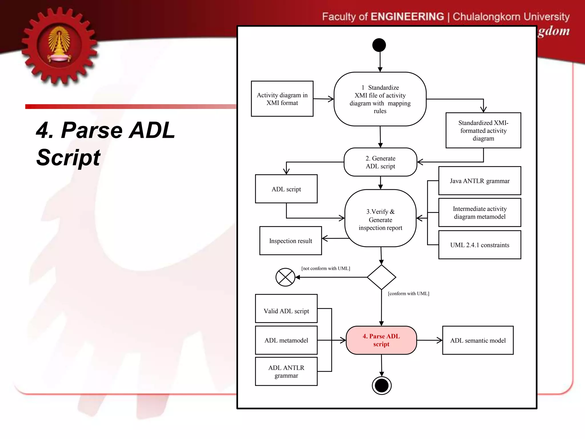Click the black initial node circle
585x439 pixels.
[x=379, y=45]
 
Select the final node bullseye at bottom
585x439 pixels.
[x=382, y=386]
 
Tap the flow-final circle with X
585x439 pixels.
[x=285, y=277]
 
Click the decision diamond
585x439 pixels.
[x=381, y=277]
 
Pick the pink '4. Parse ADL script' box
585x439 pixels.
[x=381, y=340]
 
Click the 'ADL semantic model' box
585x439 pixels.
[x=478, y=340]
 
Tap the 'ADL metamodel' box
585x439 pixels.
[x=286, y=340]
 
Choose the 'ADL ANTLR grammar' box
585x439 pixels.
[x=286, y=372]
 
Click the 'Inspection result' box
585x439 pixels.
[x=291, y=241]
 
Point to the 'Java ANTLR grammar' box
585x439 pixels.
[x=480, y=181]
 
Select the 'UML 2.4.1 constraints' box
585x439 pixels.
[x=480, y=245]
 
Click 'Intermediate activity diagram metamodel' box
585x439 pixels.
[x=480, y=213]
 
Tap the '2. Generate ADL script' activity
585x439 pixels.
[x=380, y=162]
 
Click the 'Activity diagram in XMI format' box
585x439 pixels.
[x=282, y=99]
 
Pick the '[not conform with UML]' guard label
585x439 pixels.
[x=326, y=268]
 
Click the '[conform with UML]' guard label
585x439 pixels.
[x=408, y=294]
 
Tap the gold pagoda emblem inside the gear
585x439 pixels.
[x=59, y=44]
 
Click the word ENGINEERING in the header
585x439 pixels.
[x=407, y=17]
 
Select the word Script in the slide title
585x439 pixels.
[x=68, y=157]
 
